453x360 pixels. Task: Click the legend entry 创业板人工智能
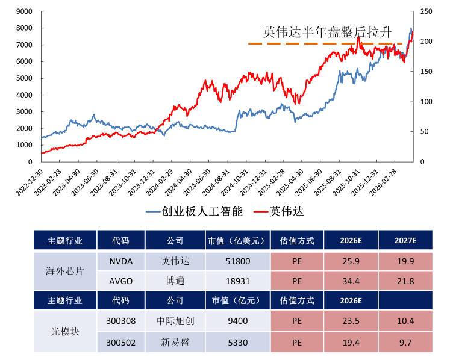tap(195, 212)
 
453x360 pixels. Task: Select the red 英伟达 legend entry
tap(279, 212)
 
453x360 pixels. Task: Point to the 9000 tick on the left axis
tap(24, 11)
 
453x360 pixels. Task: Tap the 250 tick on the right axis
tap(426, 11)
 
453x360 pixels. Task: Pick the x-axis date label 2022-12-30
tap(30, 182)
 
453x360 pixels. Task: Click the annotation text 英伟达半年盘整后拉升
tap(327, 32)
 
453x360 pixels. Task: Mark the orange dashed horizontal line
tap(325, 44)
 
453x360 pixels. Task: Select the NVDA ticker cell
tap(120, 261)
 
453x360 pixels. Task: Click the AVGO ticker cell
tap(120, 281)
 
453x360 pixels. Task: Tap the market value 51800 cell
tap(238, 261)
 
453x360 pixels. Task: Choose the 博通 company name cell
tap(175, 281)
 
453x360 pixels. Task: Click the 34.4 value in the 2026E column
tap(351, 281)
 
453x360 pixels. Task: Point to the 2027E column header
tap(405, 240)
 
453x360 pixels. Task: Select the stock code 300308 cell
tap(120, 321)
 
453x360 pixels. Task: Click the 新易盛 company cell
tap(175, 343)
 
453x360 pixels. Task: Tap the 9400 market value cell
tap(238, 321)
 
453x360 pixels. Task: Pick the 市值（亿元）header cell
tap(238, 300)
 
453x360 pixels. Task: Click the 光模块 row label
tap(65, 332)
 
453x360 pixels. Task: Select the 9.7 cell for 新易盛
tap(405, 343)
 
